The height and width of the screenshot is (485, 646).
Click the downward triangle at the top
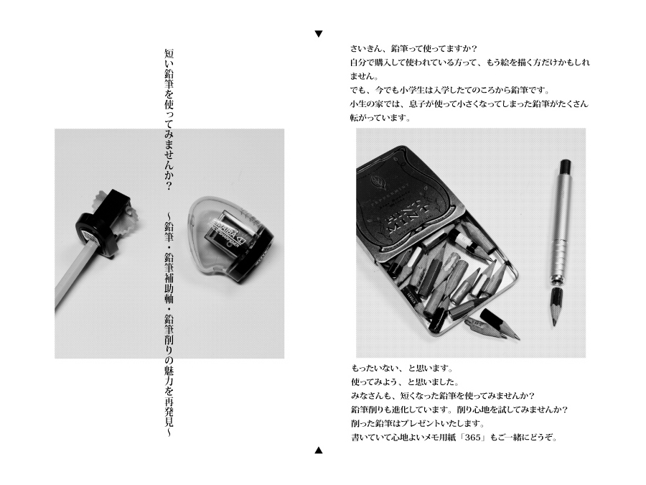tap(319, 34)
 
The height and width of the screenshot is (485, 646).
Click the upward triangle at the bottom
tap(319, 450)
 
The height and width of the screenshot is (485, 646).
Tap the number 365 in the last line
tap(472, 438)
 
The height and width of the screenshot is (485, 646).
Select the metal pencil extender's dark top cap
tap(566, 166)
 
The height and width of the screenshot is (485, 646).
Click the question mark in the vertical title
tap(169, 185)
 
